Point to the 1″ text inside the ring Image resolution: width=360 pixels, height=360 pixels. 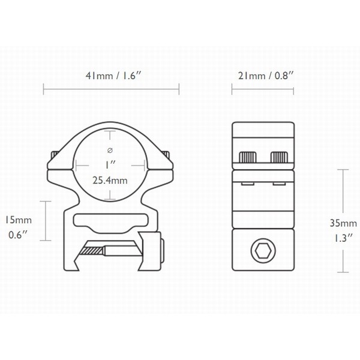(111, 163)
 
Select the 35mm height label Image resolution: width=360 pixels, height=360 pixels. (341, 222)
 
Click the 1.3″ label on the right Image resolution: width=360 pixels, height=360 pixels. (341, 238)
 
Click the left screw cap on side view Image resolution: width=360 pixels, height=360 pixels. (248, 157)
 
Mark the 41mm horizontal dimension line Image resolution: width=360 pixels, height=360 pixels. (112, 92)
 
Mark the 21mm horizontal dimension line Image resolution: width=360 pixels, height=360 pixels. (263, 92)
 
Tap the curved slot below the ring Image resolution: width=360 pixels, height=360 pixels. (111, 220)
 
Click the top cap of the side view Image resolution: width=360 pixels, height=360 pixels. (263, 135)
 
